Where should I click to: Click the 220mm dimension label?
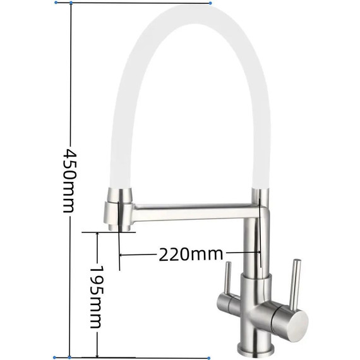(x=191, y=255)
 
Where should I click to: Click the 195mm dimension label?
(x=96, y=296)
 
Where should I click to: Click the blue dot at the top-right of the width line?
(x=210, y=3)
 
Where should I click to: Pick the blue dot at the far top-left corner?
(x=57, y=3)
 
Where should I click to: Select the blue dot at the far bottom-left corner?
(x=56, y=357)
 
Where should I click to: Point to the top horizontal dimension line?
(x=139, y=3)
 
